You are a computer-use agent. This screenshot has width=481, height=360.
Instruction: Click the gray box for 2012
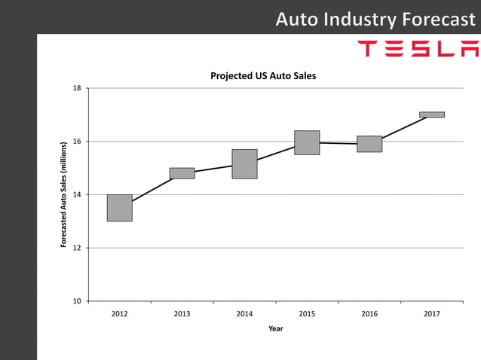coord(119,208)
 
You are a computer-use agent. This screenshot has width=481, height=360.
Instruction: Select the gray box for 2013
coord(182,173)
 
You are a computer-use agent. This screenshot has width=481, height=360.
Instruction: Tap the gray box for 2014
coord(244,163)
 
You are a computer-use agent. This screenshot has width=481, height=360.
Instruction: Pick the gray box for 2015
coord(307,142)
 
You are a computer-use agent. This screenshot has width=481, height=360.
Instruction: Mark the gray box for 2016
coord(369,144)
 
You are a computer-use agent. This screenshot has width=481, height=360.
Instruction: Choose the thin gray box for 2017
coord(432,114)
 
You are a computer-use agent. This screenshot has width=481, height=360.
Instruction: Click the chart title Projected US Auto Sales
coord(263,76)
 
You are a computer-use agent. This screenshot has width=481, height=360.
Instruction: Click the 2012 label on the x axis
coord(119,314)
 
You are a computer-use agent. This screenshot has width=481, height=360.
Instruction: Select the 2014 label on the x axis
coord(244,314)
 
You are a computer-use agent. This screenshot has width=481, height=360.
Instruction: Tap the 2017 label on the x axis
coord(432,314)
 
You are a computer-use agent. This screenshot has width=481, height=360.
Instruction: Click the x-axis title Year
coord(276,328)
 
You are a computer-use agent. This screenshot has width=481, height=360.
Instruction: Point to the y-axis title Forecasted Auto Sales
coord(65,195)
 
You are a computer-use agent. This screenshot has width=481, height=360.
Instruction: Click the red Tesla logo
coord(418,50)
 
